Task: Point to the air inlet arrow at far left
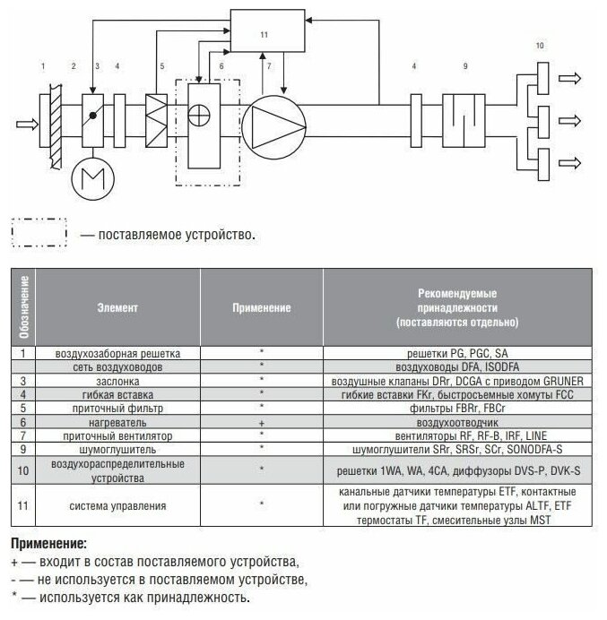pos(24,123)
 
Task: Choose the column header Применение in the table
pos(261,307)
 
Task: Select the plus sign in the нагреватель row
pos(261,420)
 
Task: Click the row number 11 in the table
pos(22,506)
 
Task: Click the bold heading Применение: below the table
pos(48,544)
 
